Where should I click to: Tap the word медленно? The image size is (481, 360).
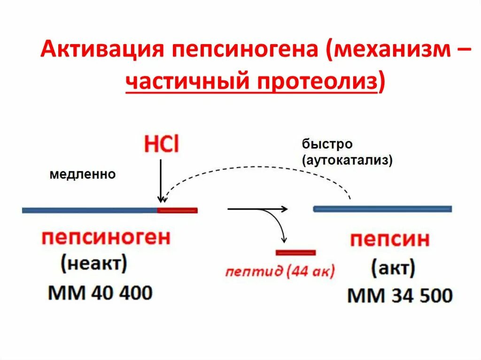tap(82, 175)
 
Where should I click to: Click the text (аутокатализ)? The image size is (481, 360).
tap(348, 160)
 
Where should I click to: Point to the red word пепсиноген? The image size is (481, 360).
tap(106, 237)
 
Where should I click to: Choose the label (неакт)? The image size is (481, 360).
tap(93, 264)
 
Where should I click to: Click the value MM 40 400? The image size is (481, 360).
tap(100, 293)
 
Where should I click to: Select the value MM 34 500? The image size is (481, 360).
tap(400, 296)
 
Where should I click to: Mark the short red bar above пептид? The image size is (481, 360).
tap(295, 253)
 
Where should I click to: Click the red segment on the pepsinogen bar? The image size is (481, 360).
tap(177, 210)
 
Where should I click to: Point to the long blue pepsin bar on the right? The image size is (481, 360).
tap(382, 209)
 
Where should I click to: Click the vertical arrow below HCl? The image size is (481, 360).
tap(161, 181)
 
